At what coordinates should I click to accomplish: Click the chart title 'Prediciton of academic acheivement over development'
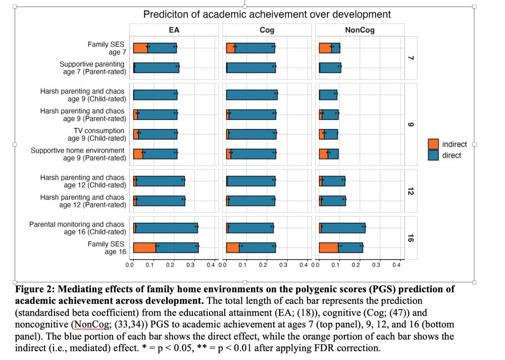click(x=267, y=14)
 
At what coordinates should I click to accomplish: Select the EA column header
click(x=174, y=30)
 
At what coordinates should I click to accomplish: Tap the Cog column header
click(x=267, y=30)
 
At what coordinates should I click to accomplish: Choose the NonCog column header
click(x=360, y=30)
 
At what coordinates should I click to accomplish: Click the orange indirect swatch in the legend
click(x=433, y=144)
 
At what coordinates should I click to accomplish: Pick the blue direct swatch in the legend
click(x=433, y=156)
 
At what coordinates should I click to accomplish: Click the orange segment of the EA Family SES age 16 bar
click(x=144, y=248)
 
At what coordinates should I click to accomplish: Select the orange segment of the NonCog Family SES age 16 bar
click(x=329, y=248)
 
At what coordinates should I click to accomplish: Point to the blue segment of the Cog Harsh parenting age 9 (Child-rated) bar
click(x=251, y=94)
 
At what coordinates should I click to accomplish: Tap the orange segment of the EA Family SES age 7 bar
click(x=140, y=48)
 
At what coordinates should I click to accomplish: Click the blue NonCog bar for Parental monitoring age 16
click(x=343, y=228)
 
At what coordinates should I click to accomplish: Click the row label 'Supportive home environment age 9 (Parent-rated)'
click(x=78, y=154)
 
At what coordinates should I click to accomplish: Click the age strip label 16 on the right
click(x=411, y=238)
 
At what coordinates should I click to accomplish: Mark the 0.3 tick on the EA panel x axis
click(x=190, y=265)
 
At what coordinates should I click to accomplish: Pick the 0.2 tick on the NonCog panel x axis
click(x=356, y=265)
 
